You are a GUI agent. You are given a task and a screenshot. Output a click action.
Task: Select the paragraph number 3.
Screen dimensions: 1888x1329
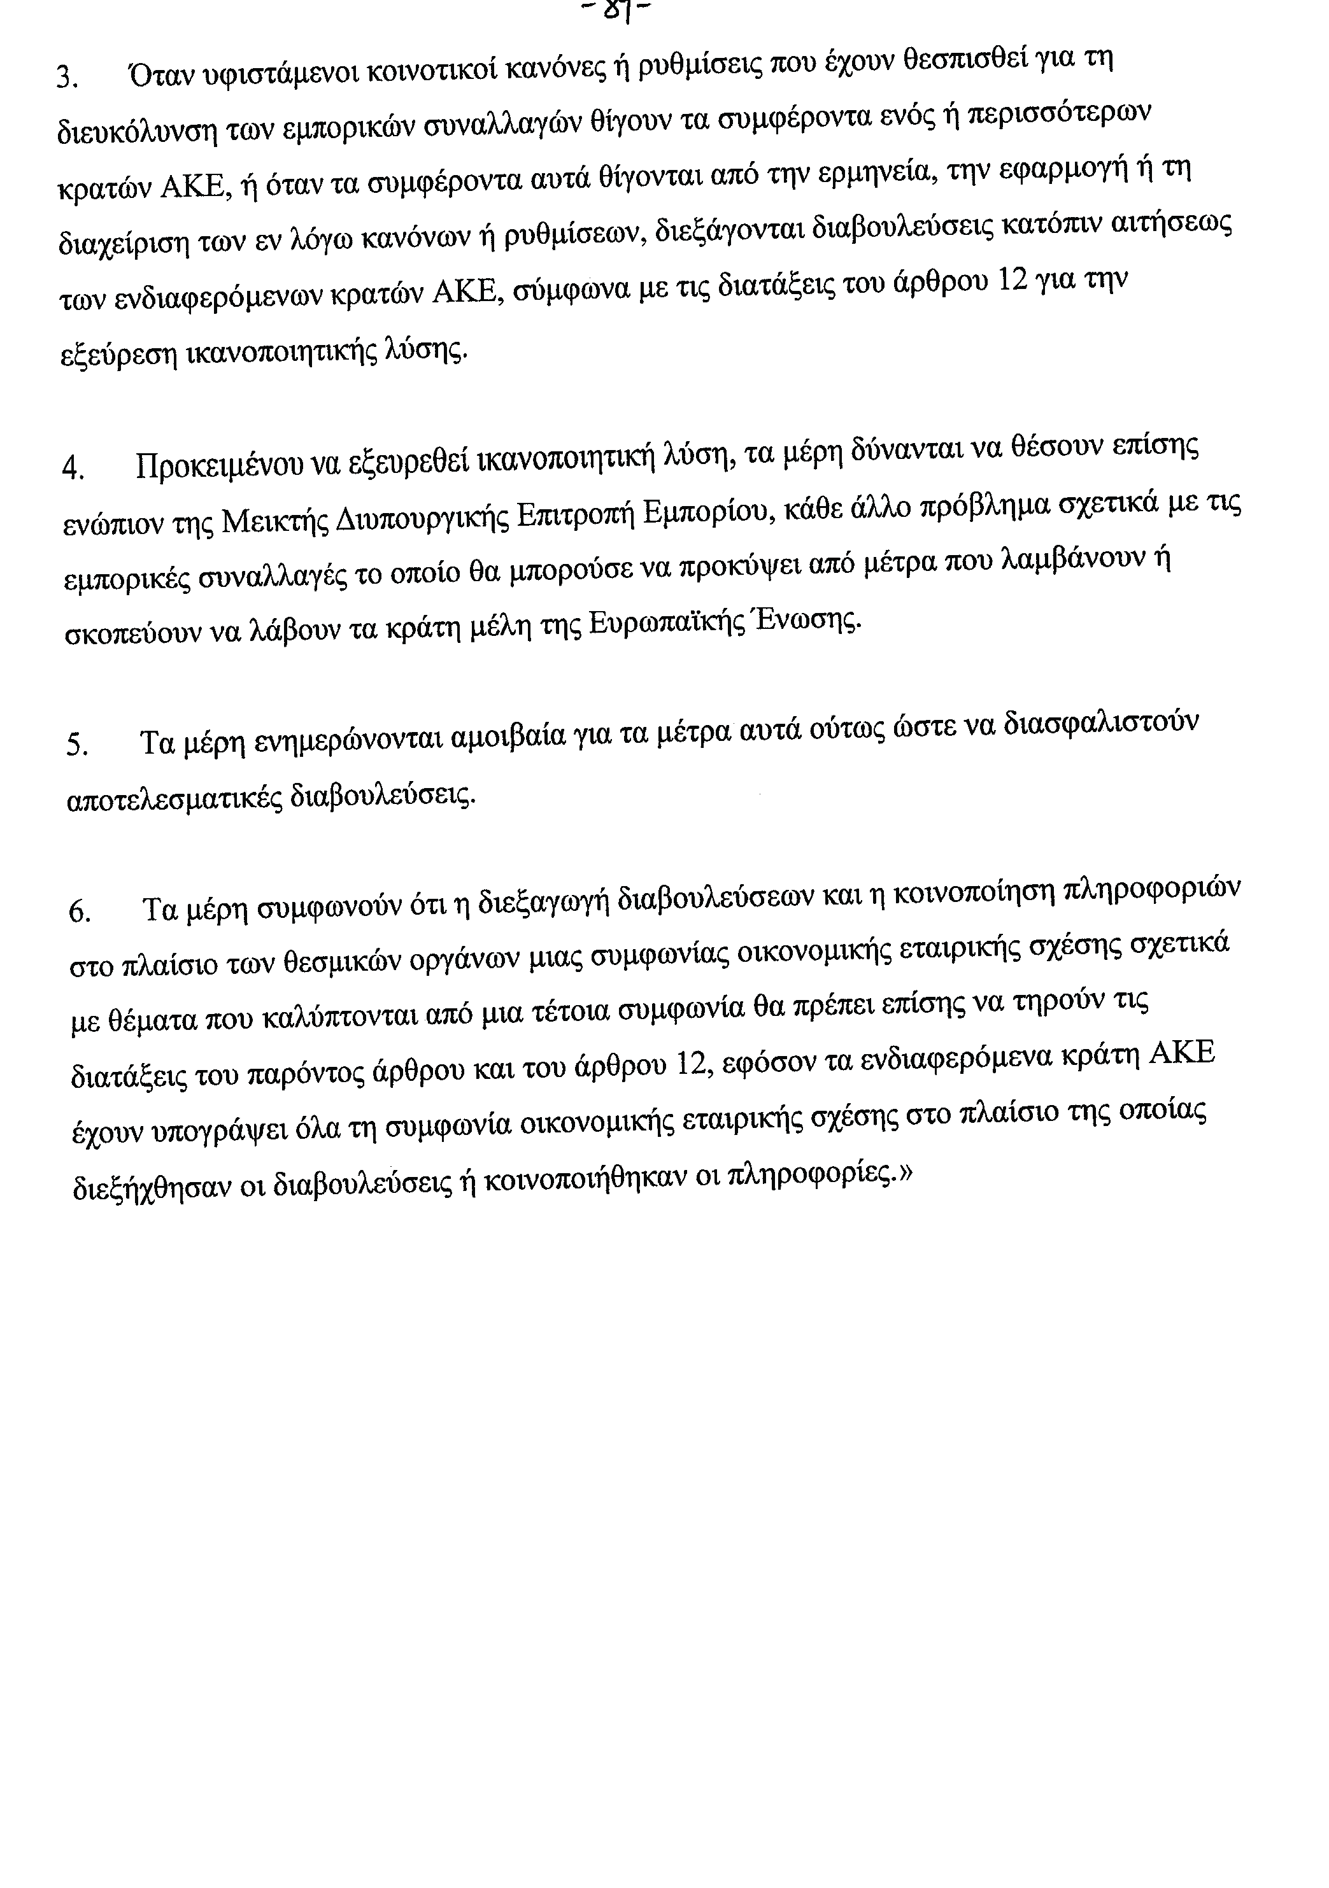pyautogui.click(x=66, y=79)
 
